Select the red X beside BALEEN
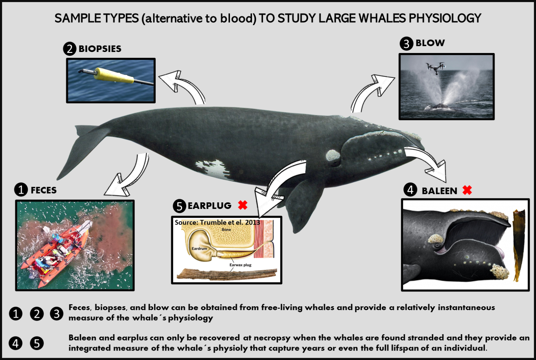[x=467, y=190]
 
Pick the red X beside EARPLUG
[x=243, y=205]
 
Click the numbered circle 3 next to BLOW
[x=406, y=44]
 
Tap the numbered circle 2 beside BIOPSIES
[x=69, y=49]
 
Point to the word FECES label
[x=43, y=190]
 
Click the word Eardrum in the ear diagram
[x=199, y=249]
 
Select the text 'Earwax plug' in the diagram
[x=240, y=265]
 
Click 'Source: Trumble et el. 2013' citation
[x=217, y=222]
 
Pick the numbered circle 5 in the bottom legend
[x=37, y=343]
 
